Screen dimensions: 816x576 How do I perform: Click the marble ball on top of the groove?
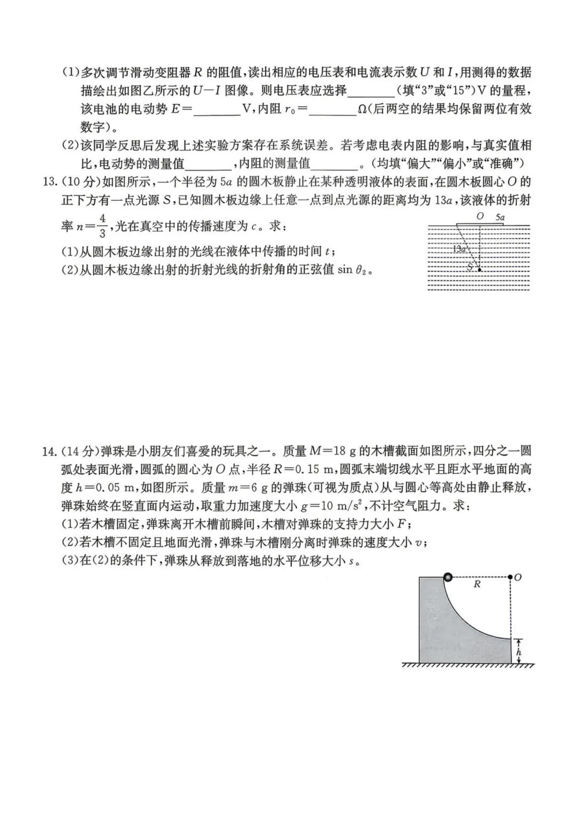pyautogui.click(x=448, y=577)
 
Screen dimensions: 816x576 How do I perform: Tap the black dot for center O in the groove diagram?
pyautogui.click(x=510, y=577)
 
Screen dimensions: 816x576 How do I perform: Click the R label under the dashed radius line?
pyautogui.click(x=477, y=585)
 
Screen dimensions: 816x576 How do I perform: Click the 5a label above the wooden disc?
pyautogui.click(x=500, y=217)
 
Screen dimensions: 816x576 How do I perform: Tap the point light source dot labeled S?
pyautogui.click(x=480, y=270)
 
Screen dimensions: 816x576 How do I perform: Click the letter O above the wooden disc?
pyautogui.click(x=479, y=217)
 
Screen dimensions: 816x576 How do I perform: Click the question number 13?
pyautogui.click(x=50, y=182)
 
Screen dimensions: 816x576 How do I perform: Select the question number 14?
pyautogui.click(x=50, y=451)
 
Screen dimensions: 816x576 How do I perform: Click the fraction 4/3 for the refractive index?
pyautogui.click(x=102, y=226)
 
